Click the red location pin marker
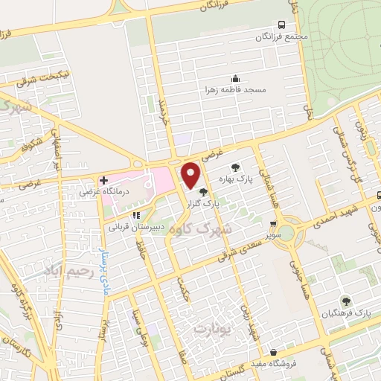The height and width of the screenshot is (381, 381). click(x=191, y=174)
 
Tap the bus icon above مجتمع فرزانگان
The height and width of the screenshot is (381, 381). click(x=281, y=25)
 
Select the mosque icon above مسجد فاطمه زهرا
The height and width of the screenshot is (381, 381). click(x=236, y=78)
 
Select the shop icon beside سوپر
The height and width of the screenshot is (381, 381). click(x=274, y=223)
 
